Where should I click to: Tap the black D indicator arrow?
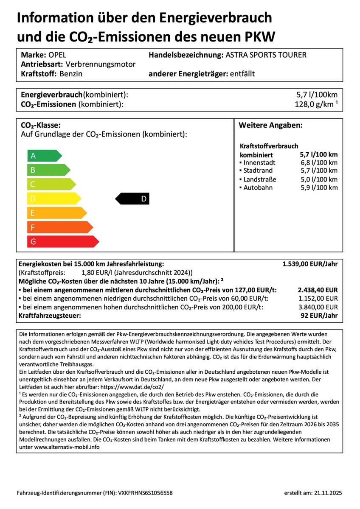tap(132, 199)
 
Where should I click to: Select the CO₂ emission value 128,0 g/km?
tap(312, 104)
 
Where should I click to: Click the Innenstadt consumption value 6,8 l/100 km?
tap(319, 162)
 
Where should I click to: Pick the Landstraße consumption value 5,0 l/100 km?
tap(319, 179)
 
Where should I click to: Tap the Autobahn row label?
tap(258, 187)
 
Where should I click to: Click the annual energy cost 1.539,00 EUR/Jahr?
tap(310, 264)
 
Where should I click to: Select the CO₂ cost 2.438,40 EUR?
tap(318, 290)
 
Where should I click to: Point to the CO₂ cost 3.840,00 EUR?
tap(318, 307)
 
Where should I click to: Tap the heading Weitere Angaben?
tap(270, 126)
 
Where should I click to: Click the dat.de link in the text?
tap(133, 387)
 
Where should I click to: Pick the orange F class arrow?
tap(60, 227)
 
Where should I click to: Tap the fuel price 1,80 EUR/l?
tap(96, 273)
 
